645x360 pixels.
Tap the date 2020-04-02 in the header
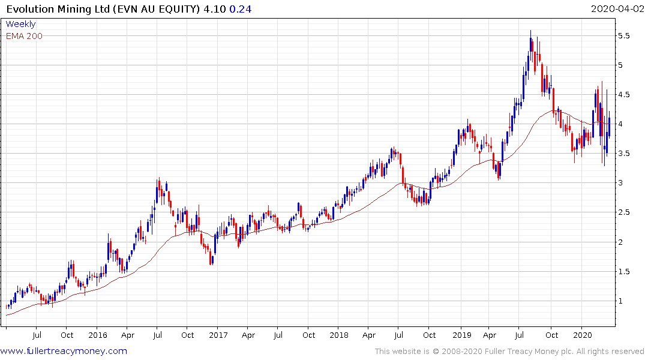click(x=616, y=8)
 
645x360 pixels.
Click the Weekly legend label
click(x=20, y=24)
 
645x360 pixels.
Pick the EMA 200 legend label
click(x=24, y=35)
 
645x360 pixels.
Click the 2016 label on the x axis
click(x=97, y=334)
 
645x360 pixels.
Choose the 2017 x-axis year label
click(x=218, y=334)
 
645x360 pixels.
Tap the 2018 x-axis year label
click(x=339, y=334)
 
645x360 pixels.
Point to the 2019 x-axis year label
click(x=461, y=334)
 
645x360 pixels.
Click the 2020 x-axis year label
click(x=582, y=334)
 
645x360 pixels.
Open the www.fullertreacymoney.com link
click(x=64, y=351)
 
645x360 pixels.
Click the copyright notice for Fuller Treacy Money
click(x=509, y=351)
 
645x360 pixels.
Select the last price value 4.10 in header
click(x=215, y=8)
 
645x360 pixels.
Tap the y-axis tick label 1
click(x=626, y=301)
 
